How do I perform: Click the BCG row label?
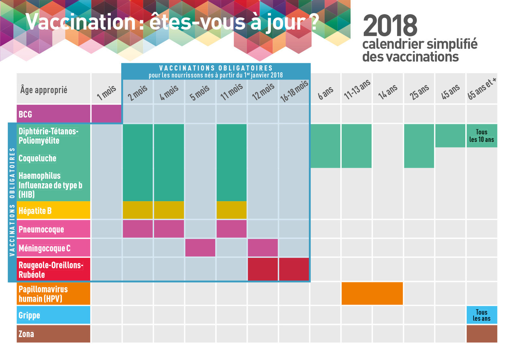[x=25, y=115]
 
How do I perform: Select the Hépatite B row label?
[x=35, y=211]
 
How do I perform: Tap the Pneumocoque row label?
[x=41, y=229]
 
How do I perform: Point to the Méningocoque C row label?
[x=44, y=248]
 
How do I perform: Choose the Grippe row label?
[x=29, y=315]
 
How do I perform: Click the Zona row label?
[x=26, y=334]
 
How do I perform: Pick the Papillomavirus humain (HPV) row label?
[x=43, y=294]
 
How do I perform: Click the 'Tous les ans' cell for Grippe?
[x=482, y=315]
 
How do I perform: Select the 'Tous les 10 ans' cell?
[x=482, y=136]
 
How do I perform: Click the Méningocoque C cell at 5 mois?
[x=200, y=247]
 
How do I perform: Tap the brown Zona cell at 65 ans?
[x=482, y=333]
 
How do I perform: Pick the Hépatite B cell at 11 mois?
[x=231, y=210]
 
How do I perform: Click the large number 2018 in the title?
[x=390, y=26]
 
